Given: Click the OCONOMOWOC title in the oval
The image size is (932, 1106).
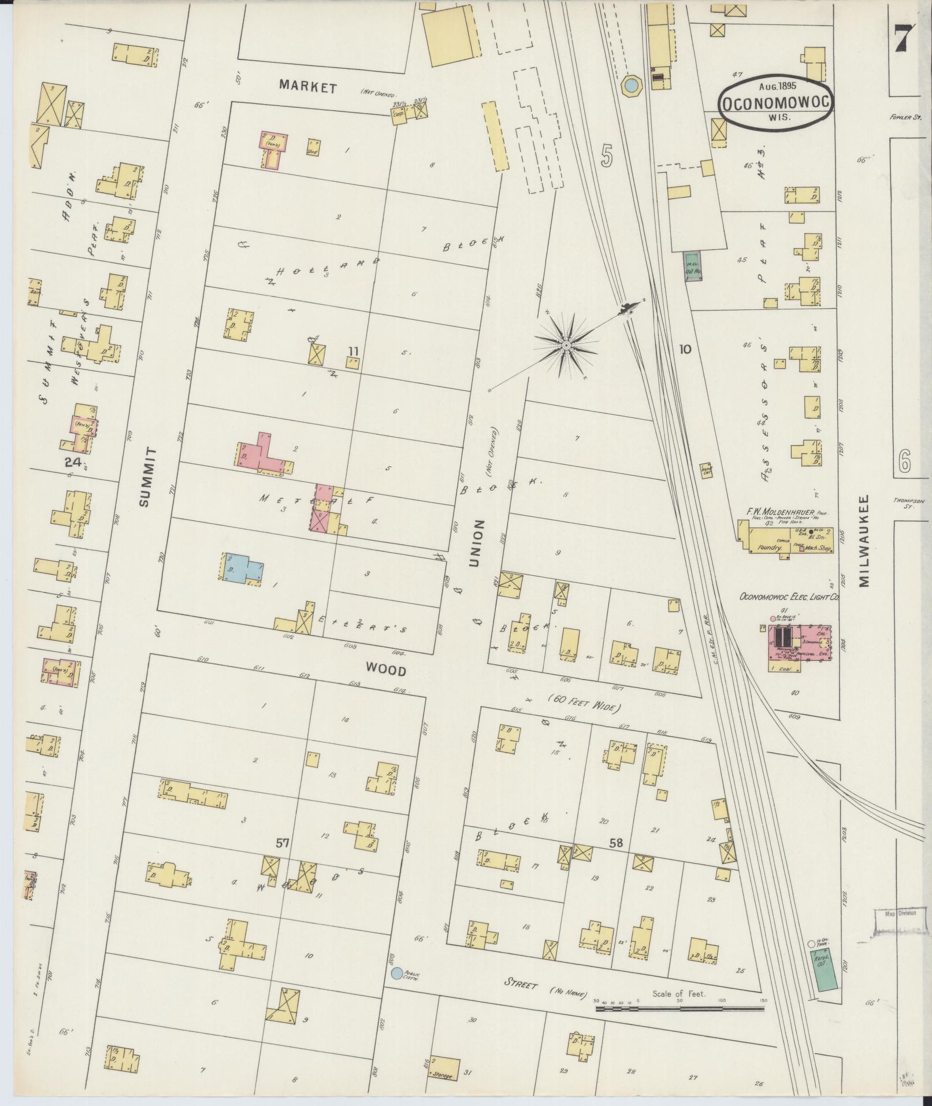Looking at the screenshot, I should pos(776,103).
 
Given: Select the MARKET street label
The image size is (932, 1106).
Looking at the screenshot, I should pos(307,87).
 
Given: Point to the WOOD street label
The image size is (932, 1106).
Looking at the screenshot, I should pos(385,671).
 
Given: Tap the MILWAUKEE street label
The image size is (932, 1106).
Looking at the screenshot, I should pos(863,541).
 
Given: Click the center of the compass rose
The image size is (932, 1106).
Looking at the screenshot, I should pos(566,345).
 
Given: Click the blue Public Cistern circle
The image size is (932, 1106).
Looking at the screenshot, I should pos(396,974).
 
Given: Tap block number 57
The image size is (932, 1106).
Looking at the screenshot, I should pos(281,844).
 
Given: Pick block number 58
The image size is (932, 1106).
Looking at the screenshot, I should pos(616,844).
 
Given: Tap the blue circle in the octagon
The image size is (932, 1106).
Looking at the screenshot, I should pos(630,86).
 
